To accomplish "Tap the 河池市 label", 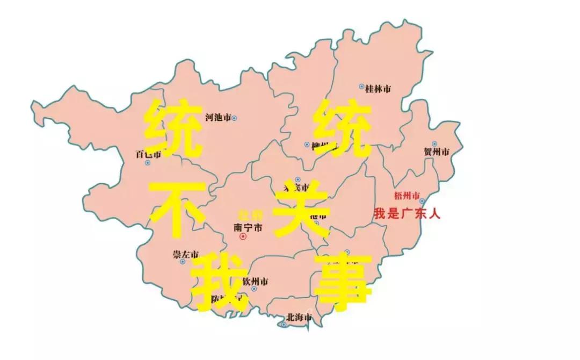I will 218,117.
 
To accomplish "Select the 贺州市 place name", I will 436,153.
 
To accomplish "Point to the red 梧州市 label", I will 407,194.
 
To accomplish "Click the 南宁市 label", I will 249,227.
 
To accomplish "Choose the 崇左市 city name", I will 186,254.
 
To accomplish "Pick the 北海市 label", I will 300,317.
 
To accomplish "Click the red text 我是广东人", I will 407,213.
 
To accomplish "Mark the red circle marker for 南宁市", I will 243,236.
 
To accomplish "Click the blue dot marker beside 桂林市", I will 361,87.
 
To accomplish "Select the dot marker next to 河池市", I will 234,118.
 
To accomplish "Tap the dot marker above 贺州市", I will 434,144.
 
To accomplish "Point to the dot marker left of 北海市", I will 284,324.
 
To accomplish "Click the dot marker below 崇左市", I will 183,262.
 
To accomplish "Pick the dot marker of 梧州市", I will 422,201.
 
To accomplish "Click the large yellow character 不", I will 177,210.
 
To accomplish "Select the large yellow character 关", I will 301,210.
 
